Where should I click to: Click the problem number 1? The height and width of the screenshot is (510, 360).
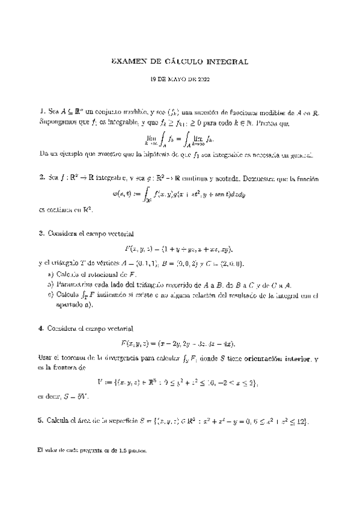coord(41,111)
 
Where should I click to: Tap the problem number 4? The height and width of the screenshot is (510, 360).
coord(41,329)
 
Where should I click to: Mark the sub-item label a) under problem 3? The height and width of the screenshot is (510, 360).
coord(50,274)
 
